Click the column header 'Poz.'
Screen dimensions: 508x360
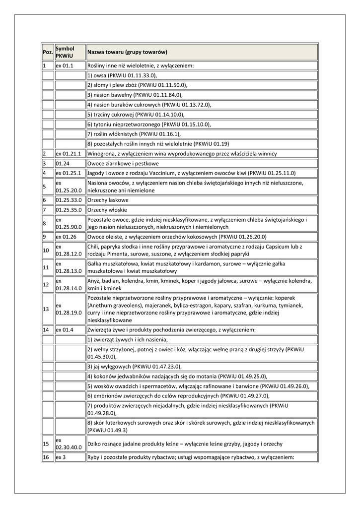(x=48, y=52)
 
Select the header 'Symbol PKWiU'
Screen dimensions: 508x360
(x=65, y=52)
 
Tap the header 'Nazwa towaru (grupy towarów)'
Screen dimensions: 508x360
(x=128, y=52)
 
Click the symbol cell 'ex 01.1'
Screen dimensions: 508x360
(x=65, y=65)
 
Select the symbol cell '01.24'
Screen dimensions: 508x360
(x=62, y=163)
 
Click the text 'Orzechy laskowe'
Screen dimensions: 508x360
(x=108, y=200)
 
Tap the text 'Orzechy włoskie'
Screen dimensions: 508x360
(x=107, y=210)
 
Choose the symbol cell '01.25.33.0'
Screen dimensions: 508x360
(x=69, y=200)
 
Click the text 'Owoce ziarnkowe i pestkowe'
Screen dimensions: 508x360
(x=123, y=163)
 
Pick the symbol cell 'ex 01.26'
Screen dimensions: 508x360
(x=66, y=237)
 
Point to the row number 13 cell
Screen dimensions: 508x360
(x=46, y=309)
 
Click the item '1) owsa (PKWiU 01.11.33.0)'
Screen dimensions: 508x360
(x=122, y=75)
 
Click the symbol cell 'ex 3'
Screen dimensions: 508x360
(x=61, y=457)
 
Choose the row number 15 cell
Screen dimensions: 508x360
(x=46, y=444)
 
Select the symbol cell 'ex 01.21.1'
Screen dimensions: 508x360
(x=68, y=154)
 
